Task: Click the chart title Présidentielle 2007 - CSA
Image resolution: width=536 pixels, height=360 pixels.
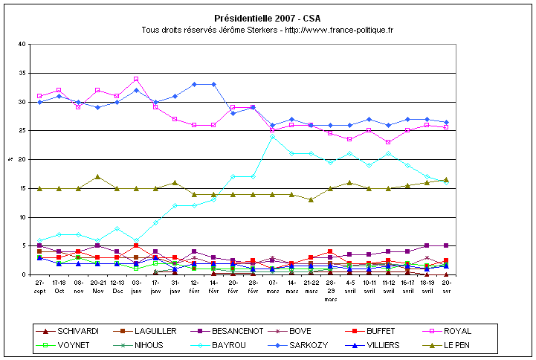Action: [x=267, y=17]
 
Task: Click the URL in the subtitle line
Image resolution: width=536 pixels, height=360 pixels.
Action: [x=339, y=30]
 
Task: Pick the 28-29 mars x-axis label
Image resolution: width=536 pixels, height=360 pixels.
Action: [x=329, y=289]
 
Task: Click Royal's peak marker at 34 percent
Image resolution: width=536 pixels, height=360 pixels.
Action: [x=136, y=79]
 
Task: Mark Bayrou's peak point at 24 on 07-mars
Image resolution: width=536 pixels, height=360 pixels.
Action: [x=272, y=137]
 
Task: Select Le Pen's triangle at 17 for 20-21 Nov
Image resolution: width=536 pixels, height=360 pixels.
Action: [x=97, y=177]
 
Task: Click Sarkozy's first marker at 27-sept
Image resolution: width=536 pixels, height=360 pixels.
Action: [x=39, y=102]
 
